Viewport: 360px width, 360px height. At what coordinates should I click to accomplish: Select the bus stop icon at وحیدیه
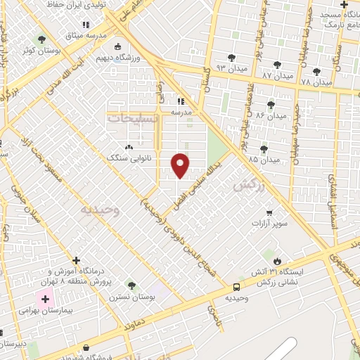[x=236, y=287]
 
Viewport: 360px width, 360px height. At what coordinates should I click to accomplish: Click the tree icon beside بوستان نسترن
[x=131, y=285]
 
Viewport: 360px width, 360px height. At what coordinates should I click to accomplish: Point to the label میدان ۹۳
[x=214, y=67]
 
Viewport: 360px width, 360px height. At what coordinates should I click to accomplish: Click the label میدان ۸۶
[x=271, y=115]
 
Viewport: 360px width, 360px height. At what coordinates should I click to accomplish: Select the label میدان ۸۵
[x=264, y=160]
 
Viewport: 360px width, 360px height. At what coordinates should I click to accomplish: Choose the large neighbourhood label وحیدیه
[x=100, y=209]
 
